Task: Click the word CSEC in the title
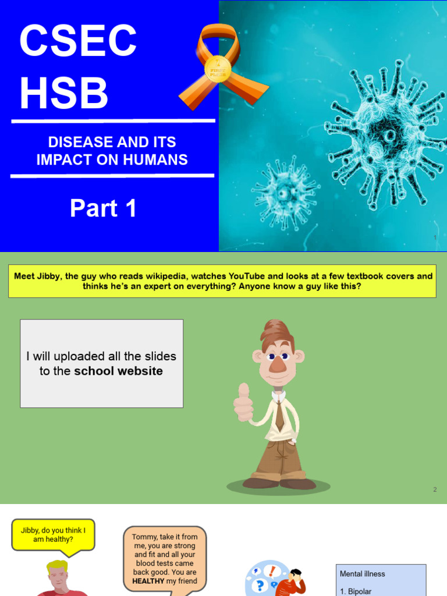coord(78,41)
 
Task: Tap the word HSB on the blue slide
coord(64,93)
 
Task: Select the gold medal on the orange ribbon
coord(218,69)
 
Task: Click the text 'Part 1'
coord(104,208)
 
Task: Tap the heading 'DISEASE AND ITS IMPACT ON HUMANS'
coord(112,151)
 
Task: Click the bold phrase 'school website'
coord(118,371)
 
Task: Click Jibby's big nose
coord(277,364)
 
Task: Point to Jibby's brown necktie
coord(280,417)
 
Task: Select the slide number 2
coord(434,489)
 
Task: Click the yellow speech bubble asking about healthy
coord(53,534)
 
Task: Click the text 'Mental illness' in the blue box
coord(363,574)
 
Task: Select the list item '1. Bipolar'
coord(356,591)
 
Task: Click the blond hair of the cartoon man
coord(57,566)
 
